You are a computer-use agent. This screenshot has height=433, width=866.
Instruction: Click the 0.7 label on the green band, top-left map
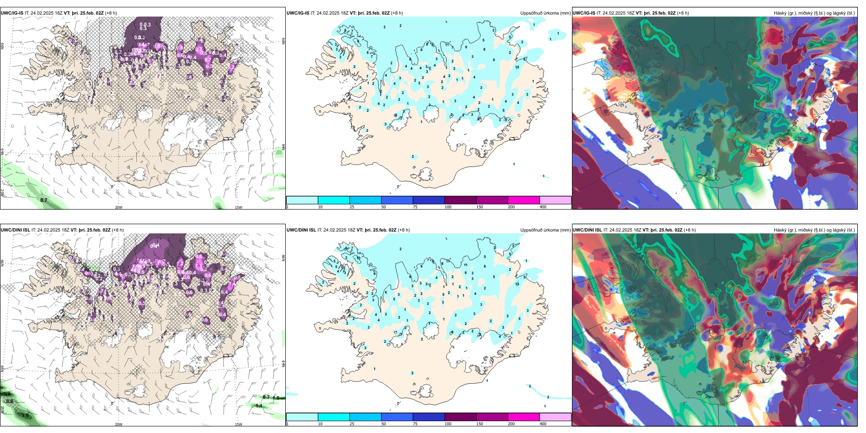[44, 200]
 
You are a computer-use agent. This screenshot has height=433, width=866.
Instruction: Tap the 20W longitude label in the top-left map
[119, 207]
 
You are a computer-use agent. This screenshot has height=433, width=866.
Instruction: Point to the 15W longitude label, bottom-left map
[238, 424]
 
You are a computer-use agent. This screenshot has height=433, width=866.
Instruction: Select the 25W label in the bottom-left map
[2, 410]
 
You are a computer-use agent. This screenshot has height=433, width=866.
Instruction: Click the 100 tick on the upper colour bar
[448, 207]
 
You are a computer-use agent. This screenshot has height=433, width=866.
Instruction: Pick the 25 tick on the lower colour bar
[351, 424]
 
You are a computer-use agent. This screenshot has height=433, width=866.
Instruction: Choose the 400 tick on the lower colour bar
[543, 424]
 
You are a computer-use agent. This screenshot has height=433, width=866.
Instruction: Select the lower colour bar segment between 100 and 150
[460, 417]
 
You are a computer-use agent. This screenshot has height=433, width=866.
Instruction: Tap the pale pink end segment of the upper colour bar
[555, 200]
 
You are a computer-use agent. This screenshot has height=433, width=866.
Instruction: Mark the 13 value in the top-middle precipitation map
[517, 67]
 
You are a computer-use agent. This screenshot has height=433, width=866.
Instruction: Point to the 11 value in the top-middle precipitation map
[448, 45]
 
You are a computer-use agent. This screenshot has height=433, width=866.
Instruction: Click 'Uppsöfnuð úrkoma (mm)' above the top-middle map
[545, 13]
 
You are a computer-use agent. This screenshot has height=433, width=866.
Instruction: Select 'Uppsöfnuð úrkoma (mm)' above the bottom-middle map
[545, 230]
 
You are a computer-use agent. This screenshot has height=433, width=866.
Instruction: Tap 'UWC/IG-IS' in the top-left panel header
[12, 13]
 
